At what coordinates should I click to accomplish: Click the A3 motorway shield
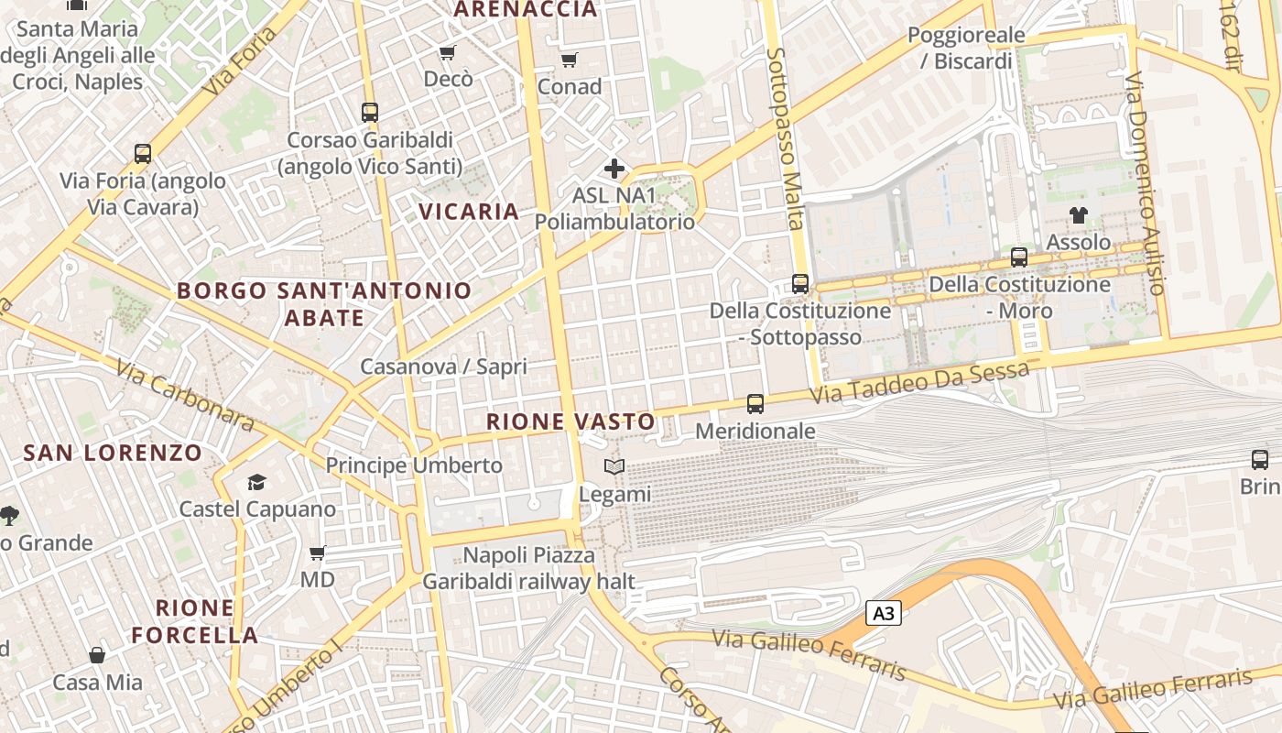tap(884, 613)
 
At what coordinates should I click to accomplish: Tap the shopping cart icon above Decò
tap(447, 52)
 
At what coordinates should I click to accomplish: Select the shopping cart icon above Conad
tap(569, 60)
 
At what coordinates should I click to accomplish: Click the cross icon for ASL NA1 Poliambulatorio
tap(614, 169)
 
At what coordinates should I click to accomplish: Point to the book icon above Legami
tap(614, 467)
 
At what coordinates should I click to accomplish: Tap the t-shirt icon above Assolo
tap(1078, 215)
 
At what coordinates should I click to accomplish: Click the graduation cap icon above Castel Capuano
tap(256, 482)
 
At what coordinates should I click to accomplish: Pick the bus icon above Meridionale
tap(755, 403)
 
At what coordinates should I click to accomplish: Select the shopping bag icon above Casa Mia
tap(97, 655)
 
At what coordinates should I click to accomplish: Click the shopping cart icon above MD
tap(318, 552)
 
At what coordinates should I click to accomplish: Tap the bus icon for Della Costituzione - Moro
tap(1019, 257)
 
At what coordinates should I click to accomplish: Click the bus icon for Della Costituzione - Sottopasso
tap(800, 283)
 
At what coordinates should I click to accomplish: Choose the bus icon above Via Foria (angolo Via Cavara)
tap(143, 153)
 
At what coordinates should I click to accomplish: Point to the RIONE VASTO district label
tap(570, 422)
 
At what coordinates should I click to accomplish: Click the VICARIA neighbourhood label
tap(469, 212)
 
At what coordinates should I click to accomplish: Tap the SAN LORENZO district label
tap(113, 453)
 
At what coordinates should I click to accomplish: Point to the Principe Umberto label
tap(414, 465)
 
